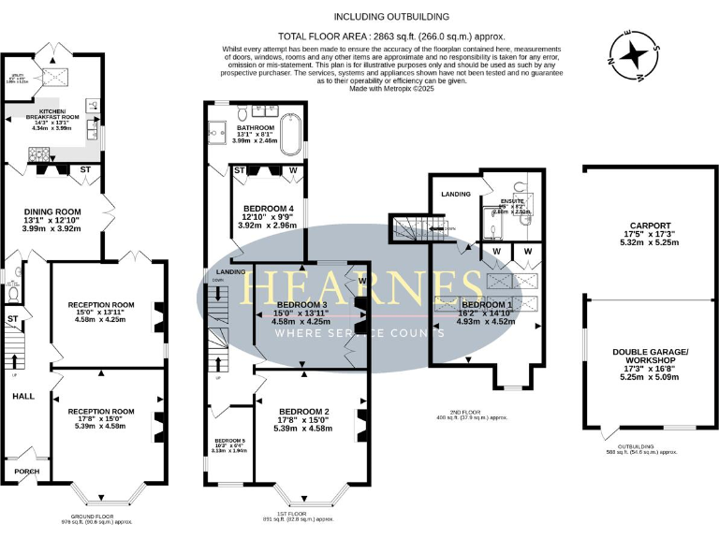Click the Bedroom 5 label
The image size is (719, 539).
(x=228, y=442)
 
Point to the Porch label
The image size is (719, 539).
(x=26, y=471)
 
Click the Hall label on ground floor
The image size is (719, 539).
(x=23, y=396)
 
